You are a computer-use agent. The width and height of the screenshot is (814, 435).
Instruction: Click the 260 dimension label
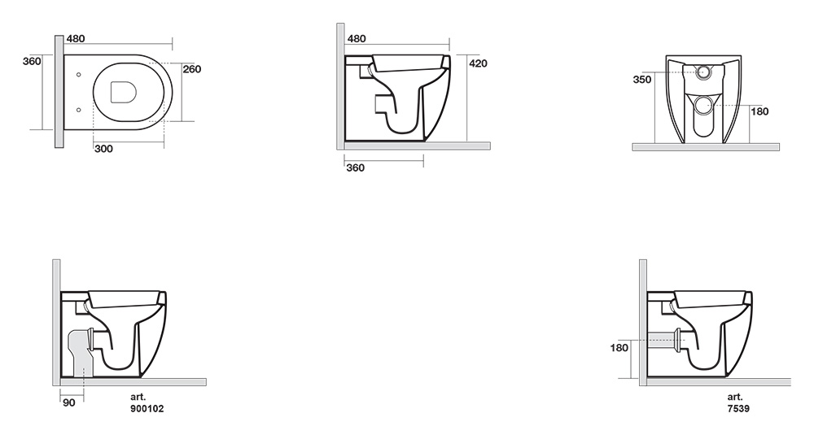coord(192,69)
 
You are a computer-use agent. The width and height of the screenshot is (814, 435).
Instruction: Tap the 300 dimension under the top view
coord(104,150)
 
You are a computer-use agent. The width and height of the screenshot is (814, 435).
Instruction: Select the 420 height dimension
coord(478,63)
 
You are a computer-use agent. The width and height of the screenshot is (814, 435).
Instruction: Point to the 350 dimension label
coord(642,80)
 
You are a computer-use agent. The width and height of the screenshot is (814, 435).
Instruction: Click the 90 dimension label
coord(69,402)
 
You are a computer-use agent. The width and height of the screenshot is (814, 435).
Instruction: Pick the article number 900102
coord(147,408)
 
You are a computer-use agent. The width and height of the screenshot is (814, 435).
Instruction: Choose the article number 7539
coord(738,408)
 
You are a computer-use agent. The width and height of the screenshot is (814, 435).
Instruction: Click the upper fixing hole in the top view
coord(78,75)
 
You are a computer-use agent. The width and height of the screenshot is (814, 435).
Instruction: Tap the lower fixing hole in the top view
coord(78,110)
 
